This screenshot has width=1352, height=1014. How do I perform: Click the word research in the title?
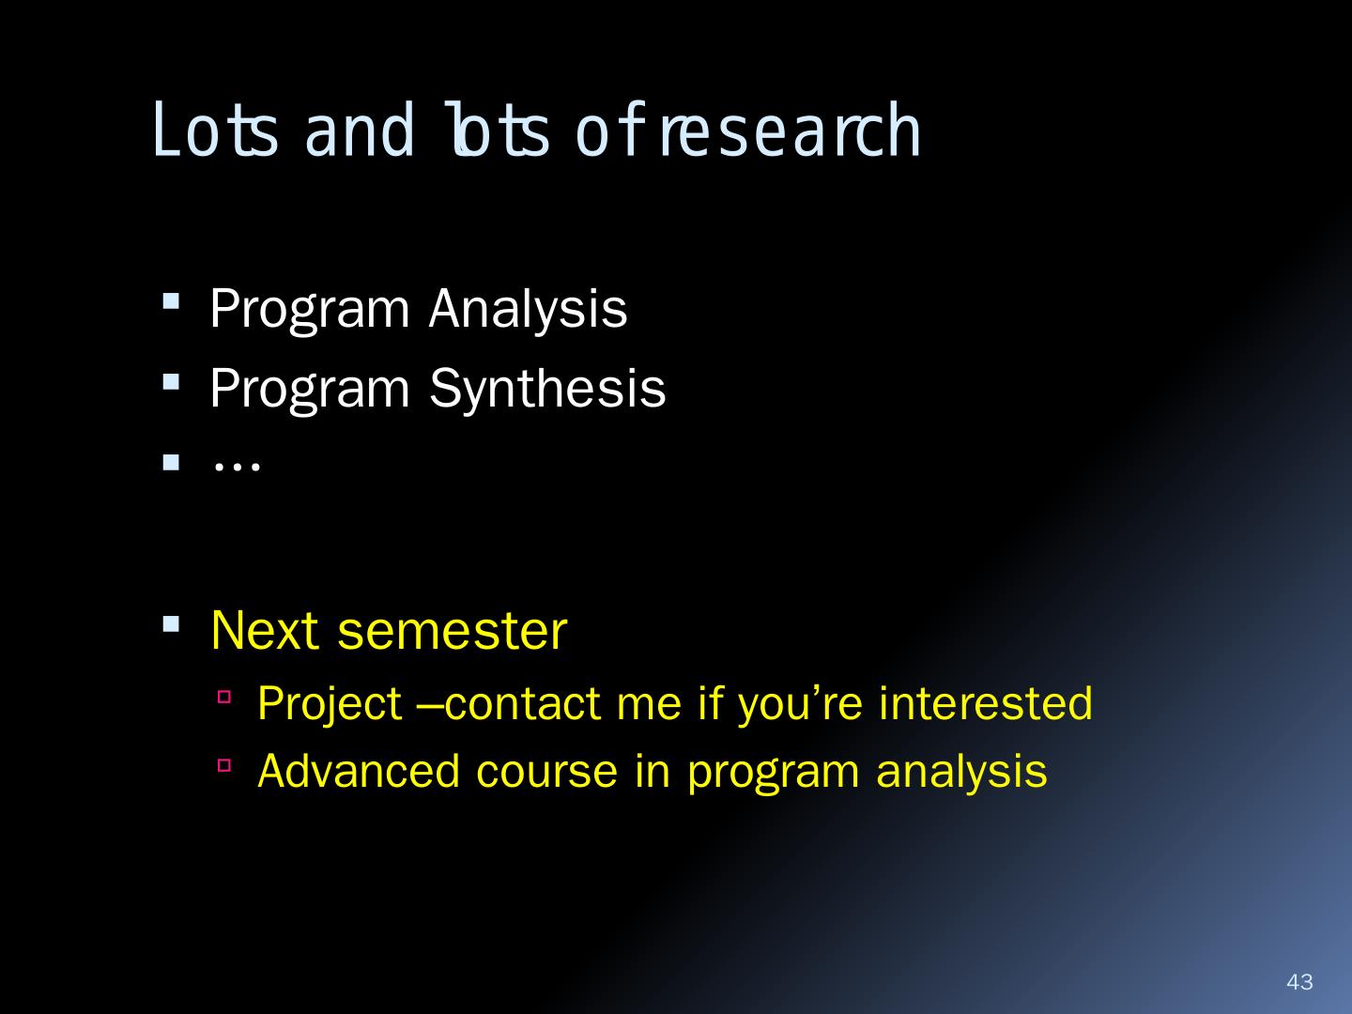click(x=791, y=130)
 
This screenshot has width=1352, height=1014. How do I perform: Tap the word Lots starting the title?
click(x=215, y=130)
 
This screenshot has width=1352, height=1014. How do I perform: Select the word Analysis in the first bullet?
click(x=528, y=310)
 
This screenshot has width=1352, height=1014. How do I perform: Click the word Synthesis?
click(x=547, y=389)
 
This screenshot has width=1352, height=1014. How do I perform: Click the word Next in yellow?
click(x=265, y=630)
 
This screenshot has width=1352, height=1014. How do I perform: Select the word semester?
click(x=453, y=632)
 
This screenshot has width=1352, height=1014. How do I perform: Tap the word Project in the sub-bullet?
click(x=330, y=703)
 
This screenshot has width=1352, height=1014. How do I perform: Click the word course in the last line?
click(x=547, y=772)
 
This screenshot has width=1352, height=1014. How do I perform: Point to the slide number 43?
click(x=1299, y=981)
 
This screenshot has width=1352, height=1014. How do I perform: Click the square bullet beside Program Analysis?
click(x=171, y=301)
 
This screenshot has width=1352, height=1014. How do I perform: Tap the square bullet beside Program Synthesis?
click(x=171, y=382)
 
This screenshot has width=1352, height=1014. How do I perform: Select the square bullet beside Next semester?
click(x=171, y=623)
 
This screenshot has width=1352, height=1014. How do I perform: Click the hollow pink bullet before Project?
click(x=224, y=697)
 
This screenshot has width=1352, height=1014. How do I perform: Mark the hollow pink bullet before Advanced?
click(x=224, y=765)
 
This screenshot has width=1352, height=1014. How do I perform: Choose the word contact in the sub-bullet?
click(x=522, y=704)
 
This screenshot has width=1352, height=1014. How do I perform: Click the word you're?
click(x=801, y=705)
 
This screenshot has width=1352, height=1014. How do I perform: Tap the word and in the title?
click(x=359, y=131)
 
